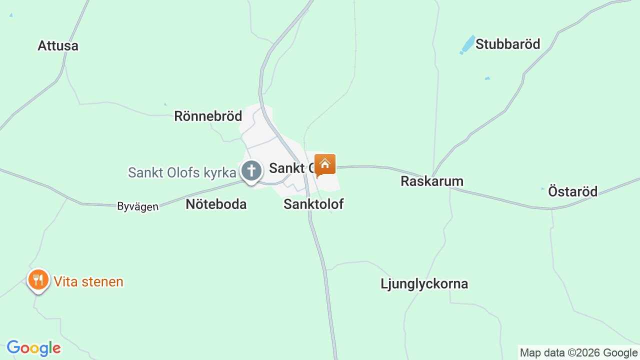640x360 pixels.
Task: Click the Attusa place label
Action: [x=58, y=46]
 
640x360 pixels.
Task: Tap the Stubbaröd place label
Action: [x=507, y=44]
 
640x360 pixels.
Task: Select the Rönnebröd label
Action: [x=208, y=116]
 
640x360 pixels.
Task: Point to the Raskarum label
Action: [x=432, y=181]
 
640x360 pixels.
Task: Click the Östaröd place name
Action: [x=572, y=191]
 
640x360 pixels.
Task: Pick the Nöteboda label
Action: [x=216, y=204]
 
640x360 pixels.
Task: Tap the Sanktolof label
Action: [x=313, y=204]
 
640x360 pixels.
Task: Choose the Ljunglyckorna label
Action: [x=424, y=284]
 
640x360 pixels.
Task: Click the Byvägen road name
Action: [x=137, y=206]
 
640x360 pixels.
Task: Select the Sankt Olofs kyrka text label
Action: [x=182, y=173]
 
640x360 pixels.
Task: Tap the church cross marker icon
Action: [x=251, y=171]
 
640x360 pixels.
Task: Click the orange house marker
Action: [x=325, y=165]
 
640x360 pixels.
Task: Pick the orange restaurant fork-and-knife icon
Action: [x=38, y=279]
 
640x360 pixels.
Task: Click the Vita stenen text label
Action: [x=88, y=282]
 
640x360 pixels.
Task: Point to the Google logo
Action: [x=33, y=348]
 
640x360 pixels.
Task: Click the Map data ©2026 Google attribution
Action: [x=578, y=353]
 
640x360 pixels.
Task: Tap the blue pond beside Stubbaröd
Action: [x=468, y=43]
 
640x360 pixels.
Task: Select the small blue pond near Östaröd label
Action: [x=543, y=189]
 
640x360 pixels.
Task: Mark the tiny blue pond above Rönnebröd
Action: [x=165, y=104]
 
